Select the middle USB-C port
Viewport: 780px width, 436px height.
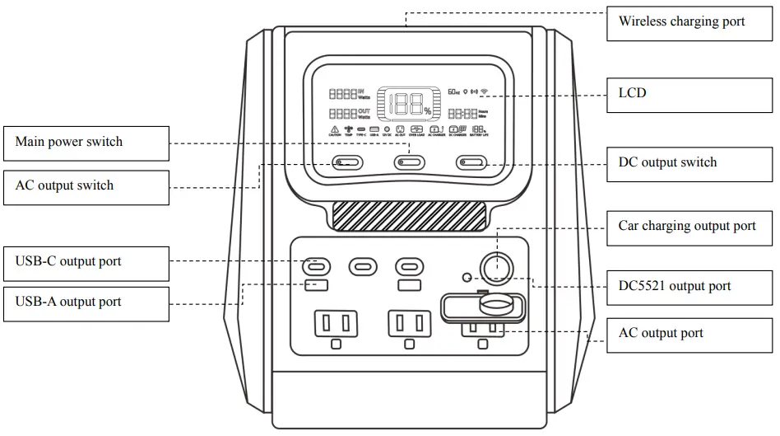[363, 266]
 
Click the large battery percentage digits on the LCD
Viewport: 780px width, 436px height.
[408, 104]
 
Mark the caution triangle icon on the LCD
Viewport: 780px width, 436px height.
[335, 130]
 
